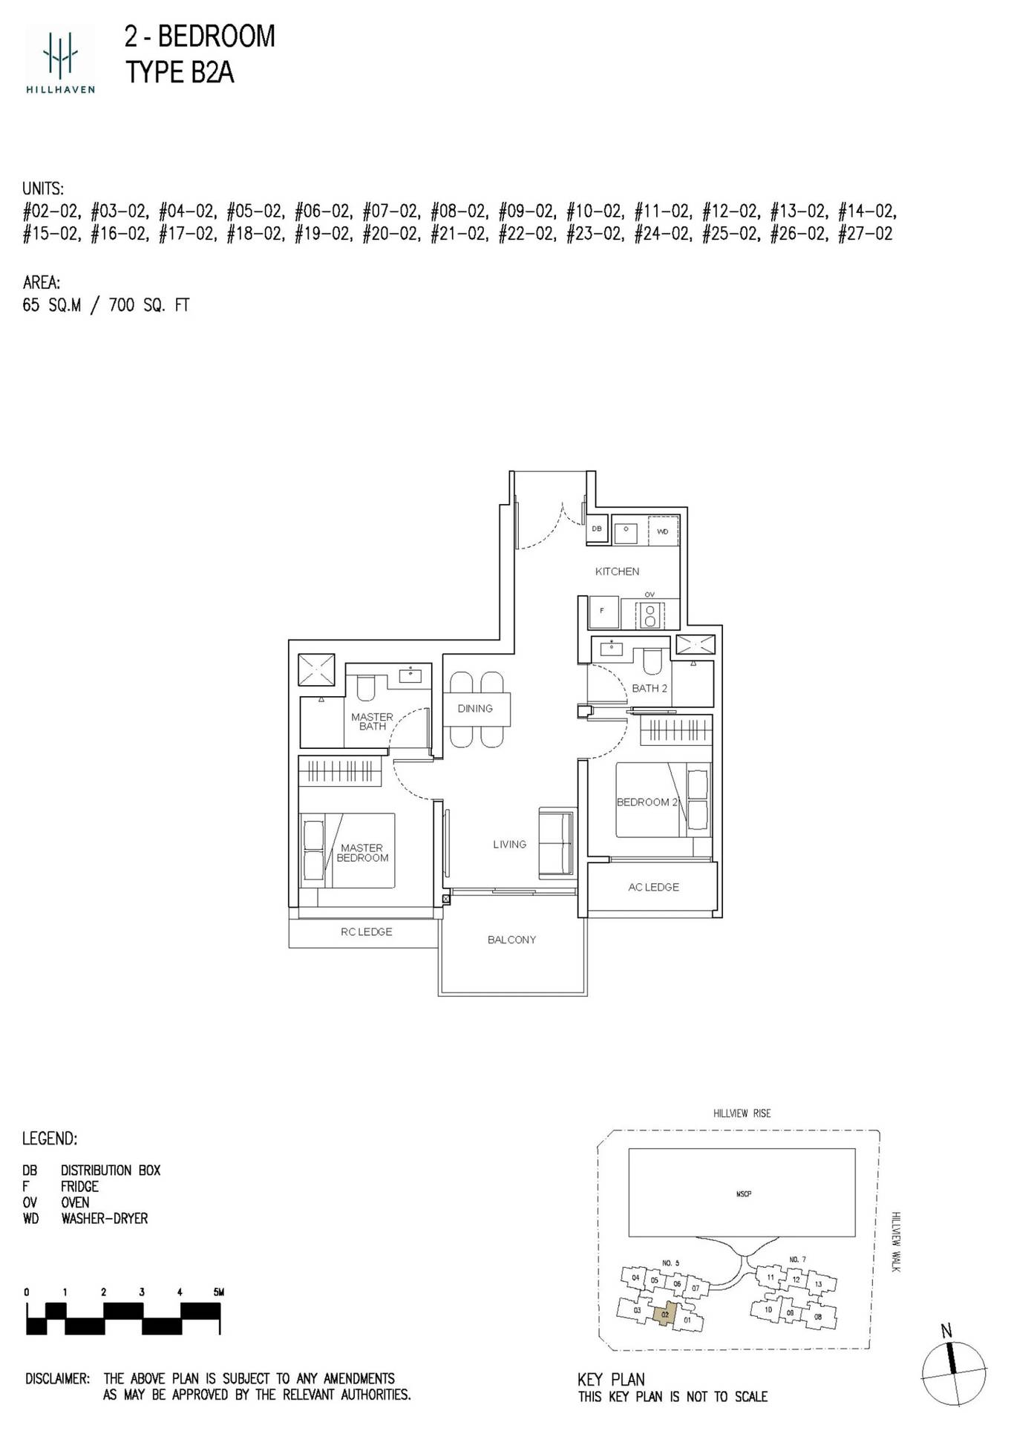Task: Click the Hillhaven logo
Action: pos(60,59)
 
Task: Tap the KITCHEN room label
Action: pos(617,572)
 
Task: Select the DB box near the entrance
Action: pos(597,529)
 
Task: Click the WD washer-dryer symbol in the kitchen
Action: pos(663,531)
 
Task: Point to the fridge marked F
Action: pos(602,611)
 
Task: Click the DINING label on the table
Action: pos(475,709)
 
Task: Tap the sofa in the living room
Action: pos(557,844)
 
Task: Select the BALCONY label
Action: pos(511,940)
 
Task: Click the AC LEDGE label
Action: pos(653,887)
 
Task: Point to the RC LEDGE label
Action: pos(366,932)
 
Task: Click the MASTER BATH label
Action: pos(372,721)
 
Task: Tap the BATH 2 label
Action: pos(650,688)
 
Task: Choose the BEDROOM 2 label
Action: pos(647,802)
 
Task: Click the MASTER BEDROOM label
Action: pos(362,853)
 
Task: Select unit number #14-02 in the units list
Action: pos(866,212)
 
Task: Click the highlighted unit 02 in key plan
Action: pos(665,1314)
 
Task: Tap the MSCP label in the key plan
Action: pos(744,1194)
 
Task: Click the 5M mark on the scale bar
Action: pos(218,1292)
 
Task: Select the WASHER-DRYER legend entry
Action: pos(105,1219)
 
